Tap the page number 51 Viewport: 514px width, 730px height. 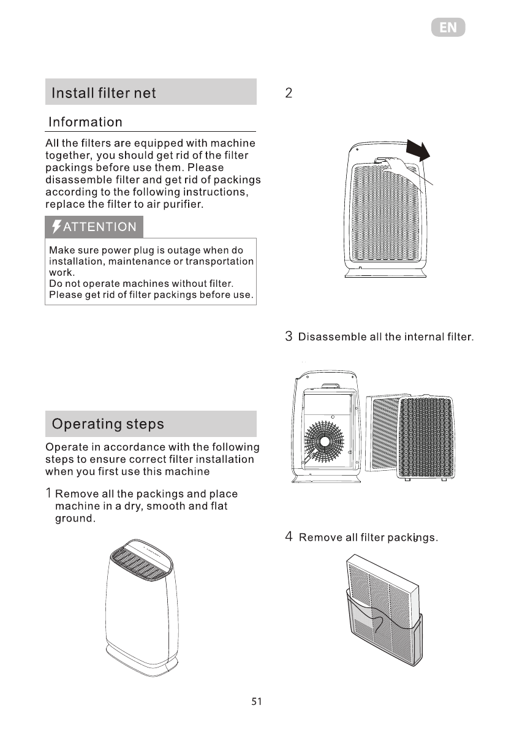point(257,702)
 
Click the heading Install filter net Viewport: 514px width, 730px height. point(104,93)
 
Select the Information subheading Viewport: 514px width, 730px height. point(86,122)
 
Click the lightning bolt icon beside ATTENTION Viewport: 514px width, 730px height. point(56,227)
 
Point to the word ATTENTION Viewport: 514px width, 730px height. point(100,227)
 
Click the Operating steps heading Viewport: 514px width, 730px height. point(108,424)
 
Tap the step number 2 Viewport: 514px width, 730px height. point(289,94)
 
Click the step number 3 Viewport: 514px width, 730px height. point(289,337)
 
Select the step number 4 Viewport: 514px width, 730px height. point(289,538)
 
